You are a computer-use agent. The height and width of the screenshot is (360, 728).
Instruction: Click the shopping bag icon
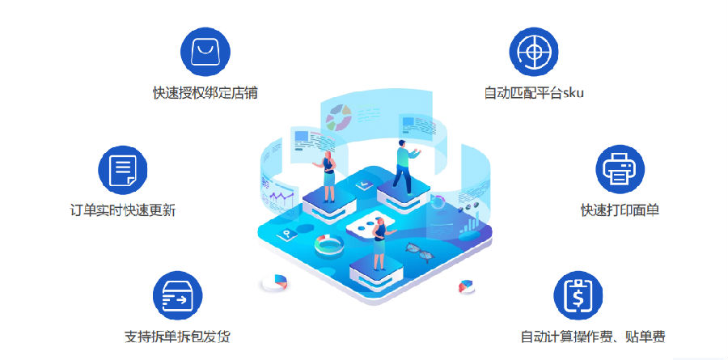tap(205, 52)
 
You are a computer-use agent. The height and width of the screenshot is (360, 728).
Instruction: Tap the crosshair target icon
tap(534, 52)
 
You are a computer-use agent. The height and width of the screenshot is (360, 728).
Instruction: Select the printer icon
tap(620, 169)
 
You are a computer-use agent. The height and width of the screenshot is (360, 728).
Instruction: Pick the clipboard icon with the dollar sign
tap(578, 296)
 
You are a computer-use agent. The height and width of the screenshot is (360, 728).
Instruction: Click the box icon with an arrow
tap(178, 296)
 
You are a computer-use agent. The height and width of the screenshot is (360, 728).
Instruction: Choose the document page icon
tap(123, 170)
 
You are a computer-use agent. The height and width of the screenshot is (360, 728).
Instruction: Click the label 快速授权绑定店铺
tap(205, 93)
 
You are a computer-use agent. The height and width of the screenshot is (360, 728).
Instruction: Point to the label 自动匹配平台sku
tap(534, 93)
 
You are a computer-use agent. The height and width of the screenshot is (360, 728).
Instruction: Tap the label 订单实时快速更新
tap(123, 210)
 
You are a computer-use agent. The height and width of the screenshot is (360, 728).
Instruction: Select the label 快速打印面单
tap(620, 210)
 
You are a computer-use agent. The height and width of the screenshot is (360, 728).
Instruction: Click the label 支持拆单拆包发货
tap(177, 337)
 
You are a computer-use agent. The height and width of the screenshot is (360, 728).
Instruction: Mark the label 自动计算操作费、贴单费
tap(593, 337)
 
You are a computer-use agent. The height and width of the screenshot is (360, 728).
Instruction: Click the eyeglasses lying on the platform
tap(419, 252)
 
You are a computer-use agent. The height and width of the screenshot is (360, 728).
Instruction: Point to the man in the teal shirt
tap(405, 167)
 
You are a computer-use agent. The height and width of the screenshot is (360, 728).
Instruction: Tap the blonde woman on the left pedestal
tap(328, 176)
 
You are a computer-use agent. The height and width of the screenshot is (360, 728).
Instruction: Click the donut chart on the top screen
tap(338, 117)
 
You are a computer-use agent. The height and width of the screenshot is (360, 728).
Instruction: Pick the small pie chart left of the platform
tap(275, 282)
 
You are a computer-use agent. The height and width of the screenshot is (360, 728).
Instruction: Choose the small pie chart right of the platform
tap(467, 286)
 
